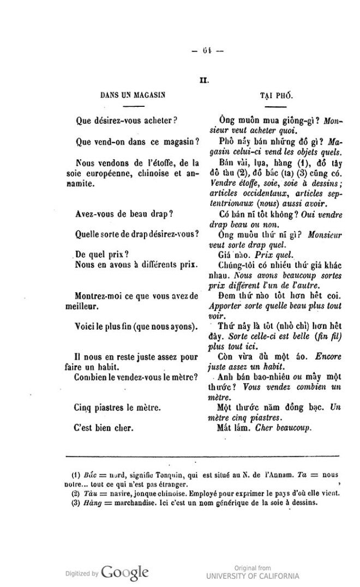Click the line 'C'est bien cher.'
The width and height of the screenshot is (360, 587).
(x=104, y=428)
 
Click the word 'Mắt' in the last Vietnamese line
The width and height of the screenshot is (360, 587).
(x=226, y=428)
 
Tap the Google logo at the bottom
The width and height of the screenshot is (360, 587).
(x=125, y=573)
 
